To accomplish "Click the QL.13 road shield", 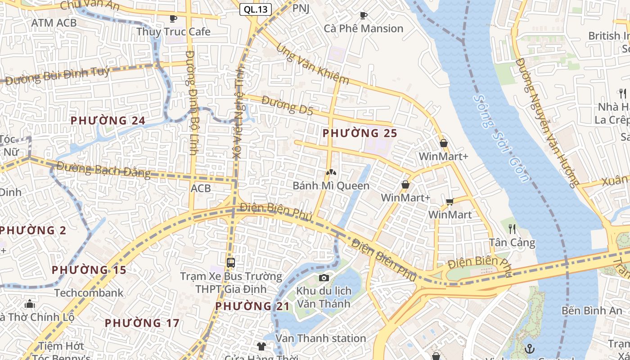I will coord(255,9).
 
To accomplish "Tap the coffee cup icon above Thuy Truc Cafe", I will coord(173,18).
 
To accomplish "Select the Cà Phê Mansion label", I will coord(364,28).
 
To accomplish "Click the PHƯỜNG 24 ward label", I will coord(108,121).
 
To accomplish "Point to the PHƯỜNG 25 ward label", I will coord(360,133).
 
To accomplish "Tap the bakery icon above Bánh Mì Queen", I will coord(331,172).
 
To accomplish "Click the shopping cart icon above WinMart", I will coord(450,202).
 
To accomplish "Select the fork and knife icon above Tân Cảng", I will coord(512,229).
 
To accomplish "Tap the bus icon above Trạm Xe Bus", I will coord(231,262).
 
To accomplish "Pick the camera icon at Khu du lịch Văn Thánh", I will coord(324,278).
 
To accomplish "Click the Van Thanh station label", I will coord(320,338).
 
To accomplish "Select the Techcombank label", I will coord(89,293).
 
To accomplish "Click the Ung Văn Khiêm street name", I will coord(312,63).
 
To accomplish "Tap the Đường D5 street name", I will coord(287,105).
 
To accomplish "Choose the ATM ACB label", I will coord(54,22).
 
